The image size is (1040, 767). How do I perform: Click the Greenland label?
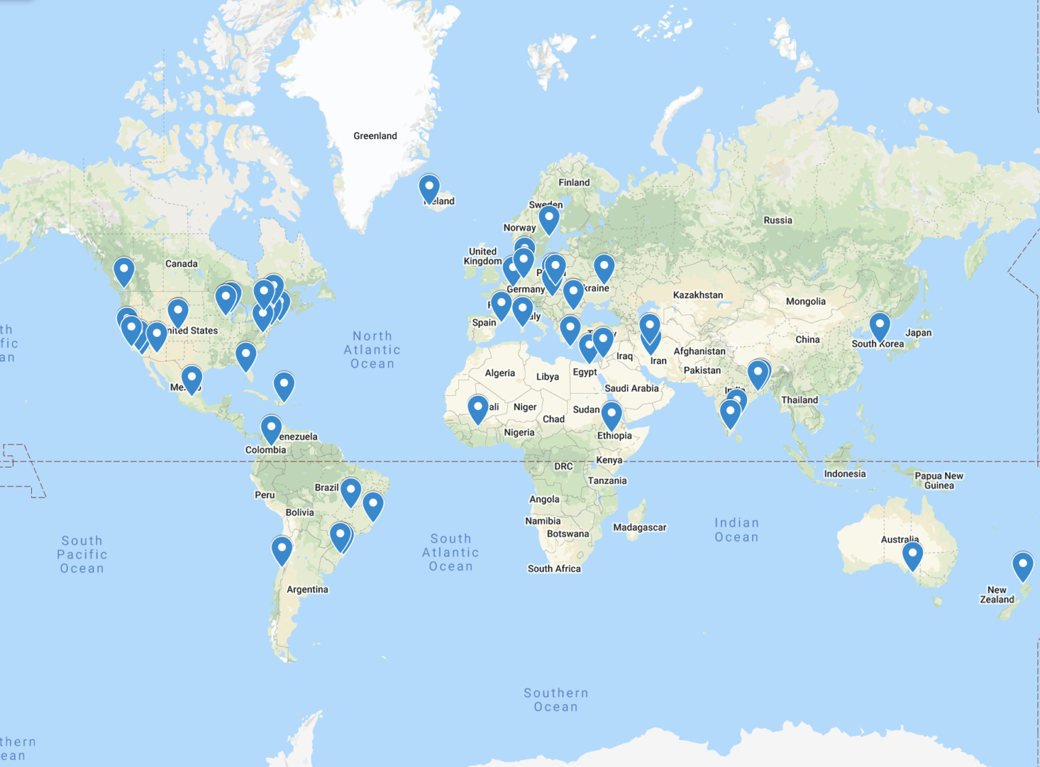click(x=375, y=136)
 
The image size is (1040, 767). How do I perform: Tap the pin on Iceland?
click(x=429, y=188)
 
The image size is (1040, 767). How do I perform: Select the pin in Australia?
click(x=913, y=555)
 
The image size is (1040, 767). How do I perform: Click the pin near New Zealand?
click(x=1022, y=565)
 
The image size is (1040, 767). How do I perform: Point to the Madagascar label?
click(x=639, y=527)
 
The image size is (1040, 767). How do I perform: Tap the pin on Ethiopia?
click(x=611, y=415)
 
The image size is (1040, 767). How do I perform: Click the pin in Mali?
click(x=478, y=409)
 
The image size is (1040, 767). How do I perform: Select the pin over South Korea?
click(x=880, y=326)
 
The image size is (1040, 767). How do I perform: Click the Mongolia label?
click(x=805, y=302)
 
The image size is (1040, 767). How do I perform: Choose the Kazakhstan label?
click(x=697, y=295)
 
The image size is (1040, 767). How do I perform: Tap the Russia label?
click(x=777, y=220)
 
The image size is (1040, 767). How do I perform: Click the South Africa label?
click(x=554, y=568)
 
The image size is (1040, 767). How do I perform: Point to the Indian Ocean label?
click(x=737, y=530)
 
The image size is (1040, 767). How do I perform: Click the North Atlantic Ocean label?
click(x=372, y=350)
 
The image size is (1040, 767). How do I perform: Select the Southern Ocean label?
click(x=556, y=700)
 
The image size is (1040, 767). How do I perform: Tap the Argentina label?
click(x=307, y=589)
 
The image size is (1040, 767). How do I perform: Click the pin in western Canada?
click(x=124, y=271)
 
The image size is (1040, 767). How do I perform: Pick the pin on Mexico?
click(x=192, y=378)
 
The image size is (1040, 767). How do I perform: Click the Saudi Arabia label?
click(x=631, y=388)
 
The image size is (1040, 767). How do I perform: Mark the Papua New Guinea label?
click(x=938, y=480)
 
